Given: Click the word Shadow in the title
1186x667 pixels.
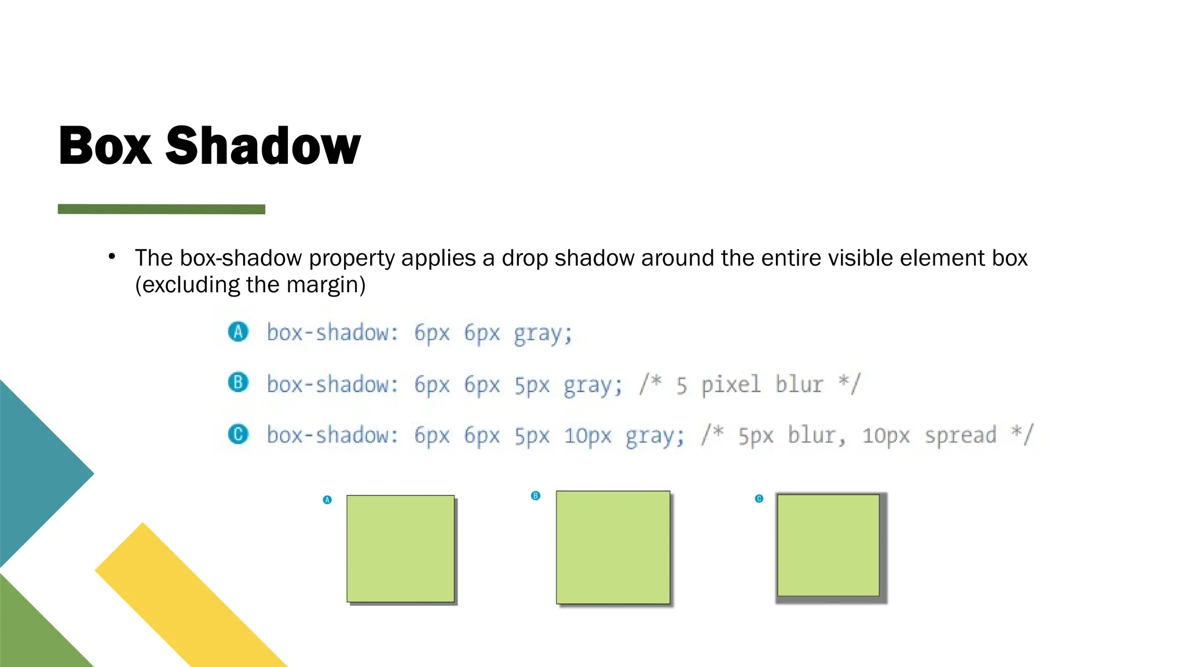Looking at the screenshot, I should [263, 146].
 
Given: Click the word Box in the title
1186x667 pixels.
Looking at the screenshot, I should [105, 146].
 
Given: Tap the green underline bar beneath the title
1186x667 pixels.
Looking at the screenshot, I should [162, 209].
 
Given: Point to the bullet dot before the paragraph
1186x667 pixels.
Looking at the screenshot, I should [112, 256].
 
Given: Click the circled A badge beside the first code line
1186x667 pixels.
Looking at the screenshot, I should [238, 332].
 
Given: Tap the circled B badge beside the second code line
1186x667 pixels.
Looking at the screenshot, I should [238, 383].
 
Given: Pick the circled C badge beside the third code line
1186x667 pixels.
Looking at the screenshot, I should [238, 434].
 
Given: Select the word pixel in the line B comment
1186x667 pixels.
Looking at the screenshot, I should [731, 384].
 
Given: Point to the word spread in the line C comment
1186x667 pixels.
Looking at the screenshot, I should [960, 435].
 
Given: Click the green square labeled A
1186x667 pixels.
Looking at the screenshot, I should [400, 548].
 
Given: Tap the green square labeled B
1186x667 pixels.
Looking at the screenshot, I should [613, 547].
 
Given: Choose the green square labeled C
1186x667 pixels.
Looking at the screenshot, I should [828, 545].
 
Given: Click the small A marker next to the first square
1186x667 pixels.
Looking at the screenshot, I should [327, 500].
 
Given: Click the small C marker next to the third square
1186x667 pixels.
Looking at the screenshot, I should [759, 499].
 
